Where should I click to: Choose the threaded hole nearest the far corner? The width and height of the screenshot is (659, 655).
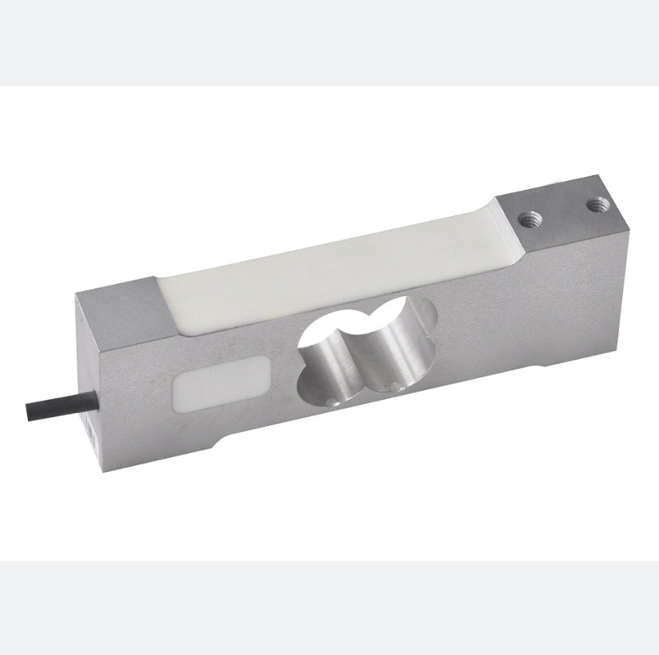(x=597, y=206)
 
